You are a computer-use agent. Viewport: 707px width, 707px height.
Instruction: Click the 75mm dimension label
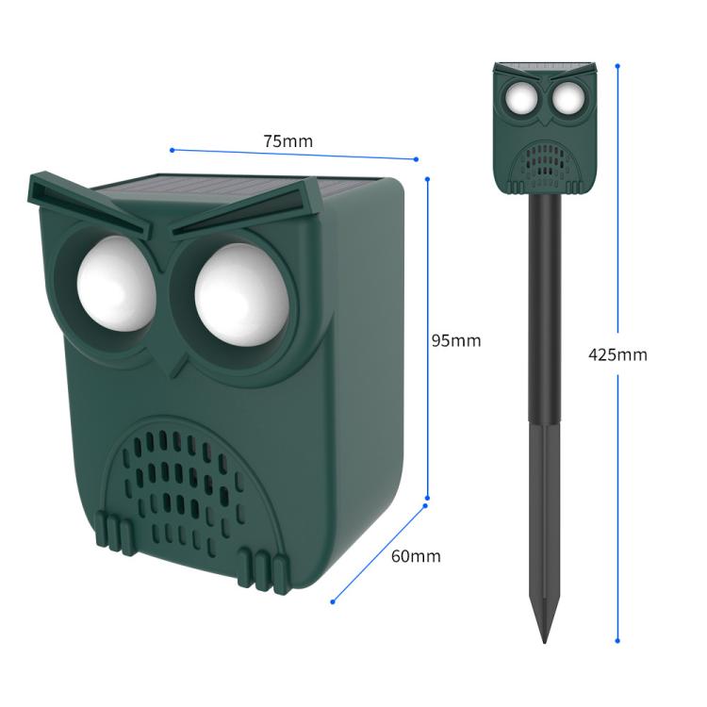288,141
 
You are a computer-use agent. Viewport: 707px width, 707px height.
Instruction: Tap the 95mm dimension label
456,340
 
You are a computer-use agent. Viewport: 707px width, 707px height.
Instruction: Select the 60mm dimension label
416,556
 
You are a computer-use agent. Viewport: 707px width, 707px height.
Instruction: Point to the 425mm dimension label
617,355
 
